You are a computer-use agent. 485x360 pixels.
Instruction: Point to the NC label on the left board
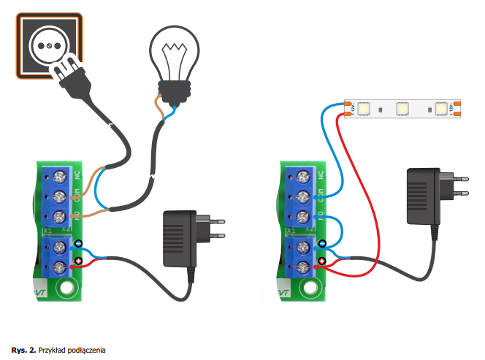[x=77, y=176]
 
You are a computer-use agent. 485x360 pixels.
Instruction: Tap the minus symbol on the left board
[x=78, y=245]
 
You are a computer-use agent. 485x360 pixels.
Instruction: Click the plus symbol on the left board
[x=78, y=261]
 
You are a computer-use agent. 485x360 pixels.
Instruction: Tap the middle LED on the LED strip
[x=401, y=109]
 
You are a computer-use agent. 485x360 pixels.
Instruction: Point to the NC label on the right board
[x=319, y=176]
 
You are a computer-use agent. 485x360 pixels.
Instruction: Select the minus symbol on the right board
[x=321, y=245]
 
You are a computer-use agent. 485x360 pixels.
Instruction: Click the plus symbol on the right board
[x=321, y=261]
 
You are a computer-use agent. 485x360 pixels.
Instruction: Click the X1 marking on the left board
[x=45, y=230]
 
